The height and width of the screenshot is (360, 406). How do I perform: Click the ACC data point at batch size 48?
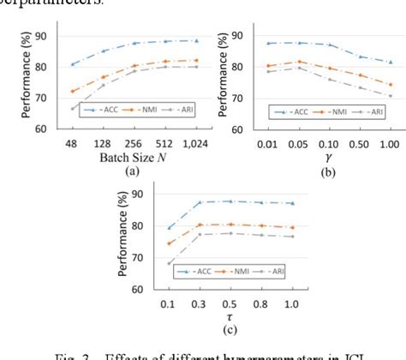point(74,64)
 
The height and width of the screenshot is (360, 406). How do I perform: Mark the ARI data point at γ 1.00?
point(391,95)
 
